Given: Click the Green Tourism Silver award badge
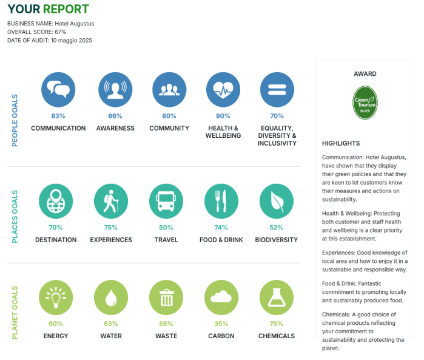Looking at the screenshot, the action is (x=365, y=103).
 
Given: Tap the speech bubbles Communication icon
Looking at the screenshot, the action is (x=58, y=90).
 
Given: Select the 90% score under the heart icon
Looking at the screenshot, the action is (x=223, y=116).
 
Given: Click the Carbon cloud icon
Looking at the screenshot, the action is (x=221, y=297).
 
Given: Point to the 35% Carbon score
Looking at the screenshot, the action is (x=221, y=324).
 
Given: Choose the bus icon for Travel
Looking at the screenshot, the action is (x=166, y=201).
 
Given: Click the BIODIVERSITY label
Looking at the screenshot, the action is (x=277, y=240).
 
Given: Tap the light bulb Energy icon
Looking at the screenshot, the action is (x=56, y=297).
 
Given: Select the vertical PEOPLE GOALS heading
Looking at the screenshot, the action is (x=15, y=120).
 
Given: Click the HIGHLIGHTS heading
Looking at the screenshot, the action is (x=341, y=143).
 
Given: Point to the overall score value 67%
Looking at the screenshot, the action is (x=60, y=32).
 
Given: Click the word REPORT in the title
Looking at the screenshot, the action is (x=66, y=9).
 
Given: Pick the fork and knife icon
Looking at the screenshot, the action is (x=221, y=201).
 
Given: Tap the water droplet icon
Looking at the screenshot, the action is (x=111, y=297).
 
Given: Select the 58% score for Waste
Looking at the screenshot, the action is (x=166, y=324).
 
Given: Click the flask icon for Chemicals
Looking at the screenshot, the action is (x=277, y=297).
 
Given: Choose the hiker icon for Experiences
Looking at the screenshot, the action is (x=111, y=201).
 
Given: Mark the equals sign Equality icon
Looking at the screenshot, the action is (x=277, y=90).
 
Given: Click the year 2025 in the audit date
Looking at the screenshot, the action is (x=86, y=40).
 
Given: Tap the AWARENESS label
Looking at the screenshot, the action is (x=115, y=128).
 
